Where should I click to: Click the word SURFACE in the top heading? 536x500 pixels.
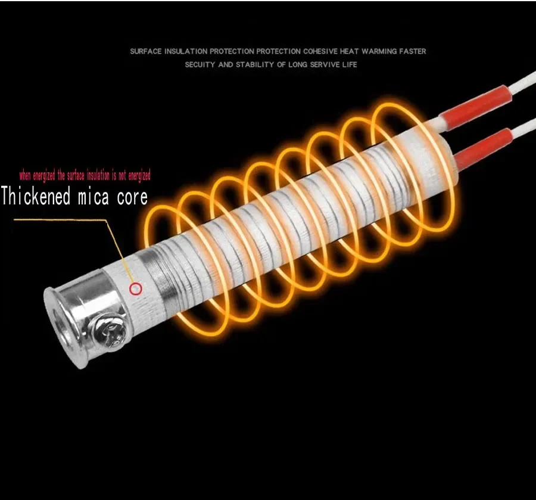(146, 51)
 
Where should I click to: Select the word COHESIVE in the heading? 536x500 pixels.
(320, 51)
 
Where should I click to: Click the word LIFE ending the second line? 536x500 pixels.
(350, 64)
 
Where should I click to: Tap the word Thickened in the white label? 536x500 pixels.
(36, 196)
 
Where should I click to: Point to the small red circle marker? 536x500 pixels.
(136, 289)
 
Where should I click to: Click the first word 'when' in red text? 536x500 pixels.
(25, 176)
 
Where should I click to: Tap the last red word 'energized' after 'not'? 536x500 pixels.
(139, 176)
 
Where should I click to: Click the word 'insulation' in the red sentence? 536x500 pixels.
(98, 175)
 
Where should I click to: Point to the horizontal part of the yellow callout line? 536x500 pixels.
(61, 221)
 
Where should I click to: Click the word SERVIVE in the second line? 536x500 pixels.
(325, 64)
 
